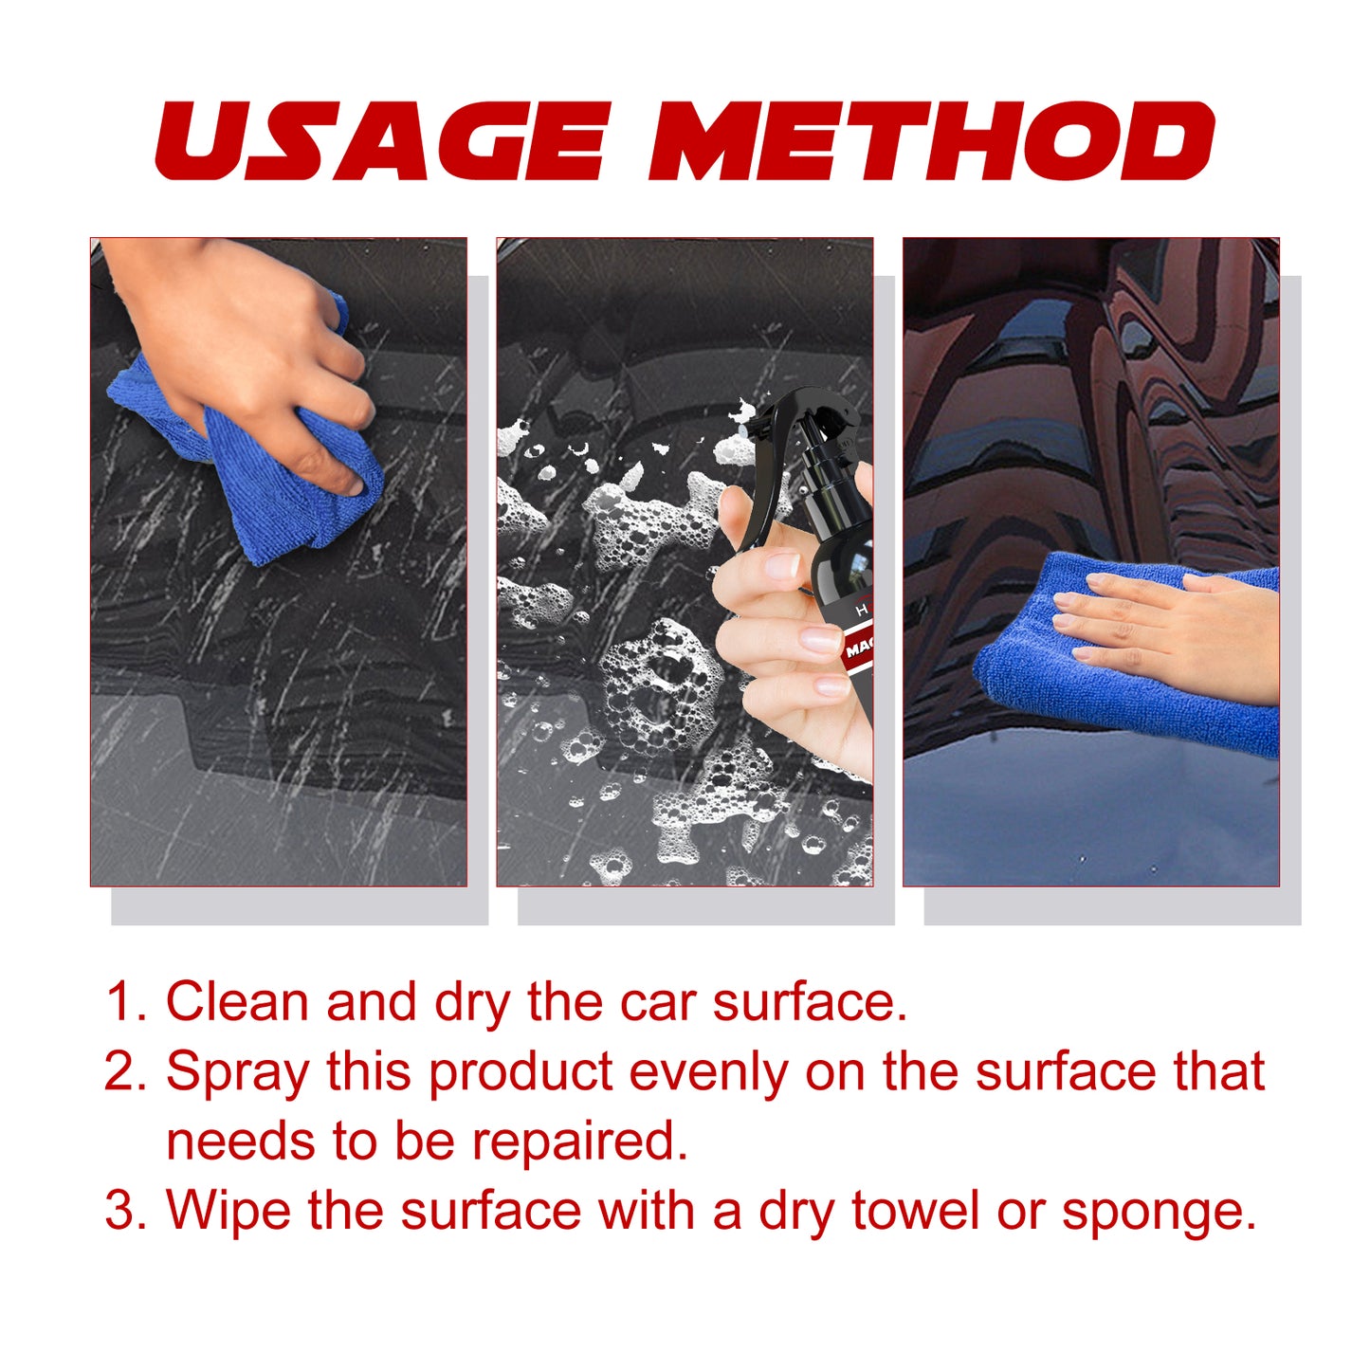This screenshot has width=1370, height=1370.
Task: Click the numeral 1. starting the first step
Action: [x=126, y=1002]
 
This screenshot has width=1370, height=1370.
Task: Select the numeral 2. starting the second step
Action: [x=126, y=1071]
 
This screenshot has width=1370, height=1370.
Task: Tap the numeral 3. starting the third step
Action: [x=126, y=1211]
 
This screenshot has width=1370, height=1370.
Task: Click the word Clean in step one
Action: [x=237, y=1002]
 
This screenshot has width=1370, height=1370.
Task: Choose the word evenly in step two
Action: [x=708, y=1073]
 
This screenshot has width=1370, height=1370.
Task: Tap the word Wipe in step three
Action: [x=228, y=1211]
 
